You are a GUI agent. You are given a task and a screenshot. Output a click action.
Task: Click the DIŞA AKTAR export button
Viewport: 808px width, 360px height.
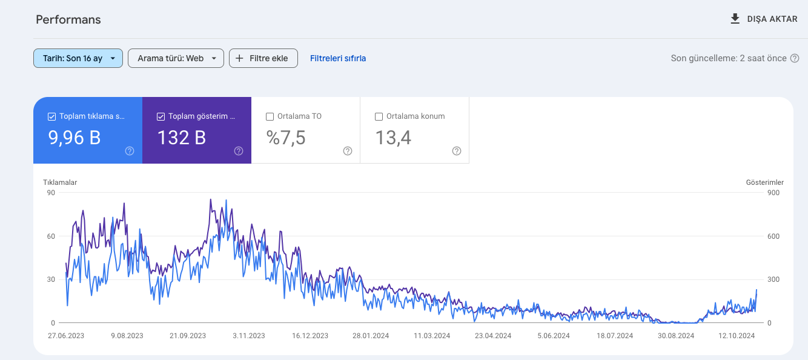click(x=764, y=19)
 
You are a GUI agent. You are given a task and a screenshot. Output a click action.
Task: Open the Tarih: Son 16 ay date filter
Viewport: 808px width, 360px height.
click(x=78, y=58)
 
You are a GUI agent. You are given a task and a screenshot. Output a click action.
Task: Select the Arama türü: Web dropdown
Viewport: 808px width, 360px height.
click(x=176, y=58)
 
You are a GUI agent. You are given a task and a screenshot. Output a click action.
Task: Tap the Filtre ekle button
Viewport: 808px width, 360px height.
click(x=263, y=58)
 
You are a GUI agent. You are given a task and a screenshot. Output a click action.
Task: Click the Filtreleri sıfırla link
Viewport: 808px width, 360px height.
click(x=338, y=58)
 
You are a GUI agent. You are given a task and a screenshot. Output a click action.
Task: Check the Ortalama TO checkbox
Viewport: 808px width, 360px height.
click(x=270, y=116)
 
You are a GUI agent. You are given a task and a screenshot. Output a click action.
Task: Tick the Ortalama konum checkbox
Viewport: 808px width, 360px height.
click(x=379, y=116)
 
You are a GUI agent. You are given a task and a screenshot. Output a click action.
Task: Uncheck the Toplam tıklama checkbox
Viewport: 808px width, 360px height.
click(x=51, y=116)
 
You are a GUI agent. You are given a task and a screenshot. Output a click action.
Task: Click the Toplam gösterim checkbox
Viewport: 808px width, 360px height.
click(x=161, y=116)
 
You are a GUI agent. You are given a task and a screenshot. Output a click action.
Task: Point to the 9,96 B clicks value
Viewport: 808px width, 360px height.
click(x=75, y=138)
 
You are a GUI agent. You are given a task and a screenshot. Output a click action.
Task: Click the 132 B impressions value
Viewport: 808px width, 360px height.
click(x=182, y=138)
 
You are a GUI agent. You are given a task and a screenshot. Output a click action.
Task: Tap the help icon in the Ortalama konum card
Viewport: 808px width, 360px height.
click(x=457, y=151)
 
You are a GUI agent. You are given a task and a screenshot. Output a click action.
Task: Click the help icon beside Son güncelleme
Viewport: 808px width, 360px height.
click(x=795, y=58)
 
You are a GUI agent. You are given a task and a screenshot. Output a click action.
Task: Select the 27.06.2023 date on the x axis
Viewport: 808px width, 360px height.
click(x=66, y=336)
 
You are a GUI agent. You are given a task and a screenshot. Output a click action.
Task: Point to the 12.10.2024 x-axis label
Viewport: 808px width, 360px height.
click(x=737, y=336)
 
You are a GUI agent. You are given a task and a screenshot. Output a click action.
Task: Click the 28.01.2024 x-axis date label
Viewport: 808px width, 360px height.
click(x=371, y=336)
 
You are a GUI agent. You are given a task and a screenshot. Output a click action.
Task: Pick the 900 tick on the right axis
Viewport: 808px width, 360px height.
click(x=773, y=193)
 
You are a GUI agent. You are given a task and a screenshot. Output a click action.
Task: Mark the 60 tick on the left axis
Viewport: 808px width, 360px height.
click(x=51, y=236)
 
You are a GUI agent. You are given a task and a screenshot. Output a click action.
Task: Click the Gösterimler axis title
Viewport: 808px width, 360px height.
click(x=765, y=182)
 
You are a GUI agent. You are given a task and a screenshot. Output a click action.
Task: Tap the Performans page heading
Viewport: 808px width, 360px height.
click(x=68, y=19)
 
